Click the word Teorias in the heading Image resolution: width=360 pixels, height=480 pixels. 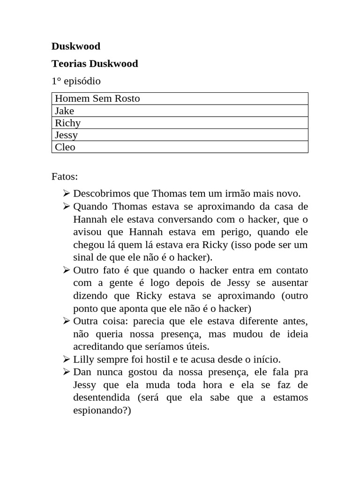(x=69, y=64)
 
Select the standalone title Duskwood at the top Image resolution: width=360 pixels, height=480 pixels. (x=76, y=46)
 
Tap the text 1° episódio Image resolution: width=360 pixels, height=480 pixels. (x=76, y=81)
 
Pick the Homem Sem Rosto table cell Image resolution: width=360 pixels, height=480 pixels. (x=97, y=98)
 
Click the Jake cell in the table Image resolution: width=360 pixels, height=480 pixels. (x=64, y=111)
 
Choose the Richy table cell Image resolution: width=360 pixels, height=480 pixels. (x=67, y=123)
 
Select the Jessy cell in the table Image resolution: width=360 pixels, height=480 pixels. (x=66, y=135)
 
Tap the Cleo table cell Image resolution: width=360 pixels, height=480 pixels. (x=65, y=147)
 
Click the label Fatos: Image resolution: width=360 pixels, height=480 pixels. (x=65, y=177)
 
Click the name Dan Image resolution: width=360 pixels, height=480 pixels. (x=82, y=372)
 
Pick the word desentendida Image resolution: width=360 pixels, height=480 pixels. (x=101, y=397)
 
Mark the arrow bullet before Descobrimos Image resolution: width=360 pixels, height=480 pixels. (x=66, y=194)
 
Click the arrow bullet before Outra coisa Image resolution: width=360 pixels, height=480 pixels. (x=66, y=321)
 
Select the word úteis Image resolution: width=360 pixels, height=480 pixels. (x=197, y=347)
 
